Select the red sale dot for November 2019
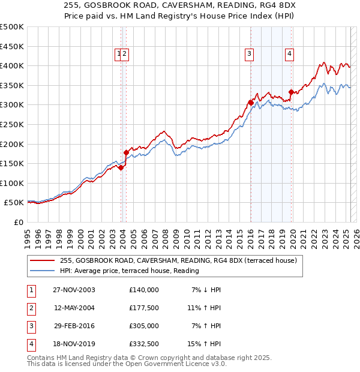291,92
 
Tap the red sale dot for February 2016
250,103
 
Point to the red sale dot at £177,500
126,152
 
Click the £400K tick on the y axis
12,65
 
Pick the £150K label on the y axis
12,163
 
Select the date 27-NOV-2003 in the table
74,290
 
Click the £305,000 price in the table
144,326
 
